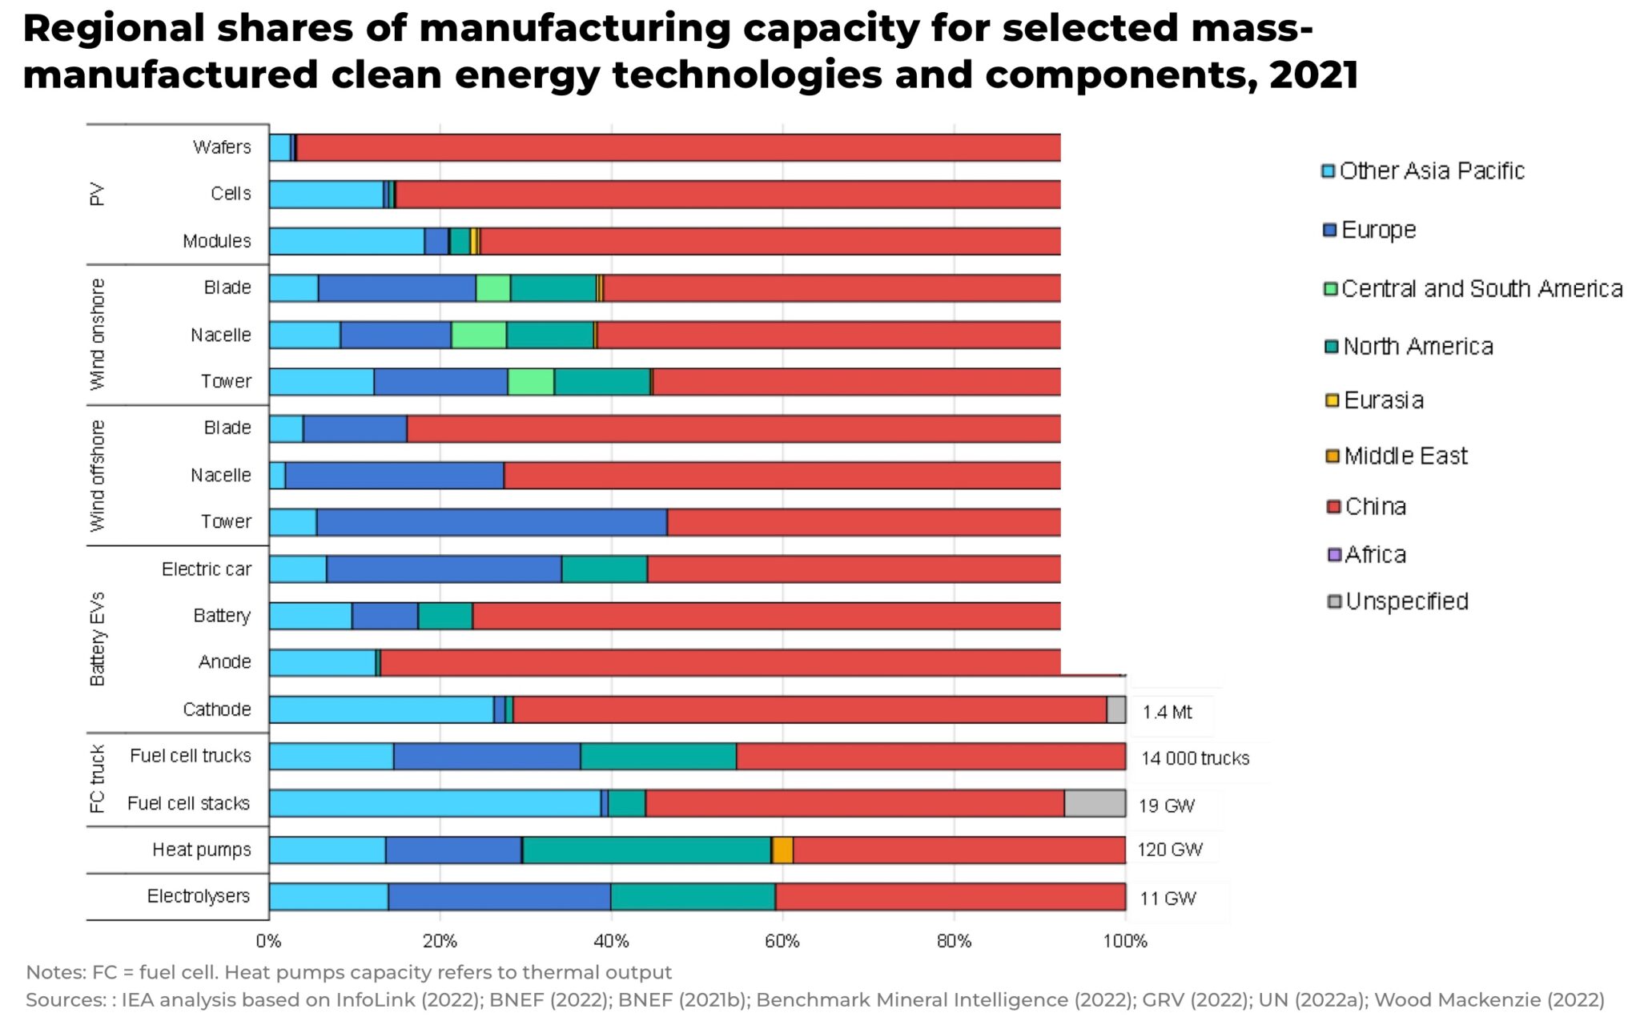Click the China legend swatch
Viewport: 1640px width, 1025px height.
(x=1333, y=507)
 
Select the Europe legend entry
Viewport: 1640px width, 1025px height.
(x=1378, y=230)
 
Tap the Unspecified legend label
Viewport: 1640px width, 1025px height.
(x=1407, y=601)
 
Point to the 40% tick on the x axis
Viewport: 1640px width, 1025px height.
(x=611, y=941)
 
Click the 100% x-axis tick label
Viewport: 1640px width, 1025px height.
(x=1125, y=941)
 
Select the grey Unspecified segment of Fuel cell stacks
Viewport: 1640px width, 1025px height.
(x=1095, y=803)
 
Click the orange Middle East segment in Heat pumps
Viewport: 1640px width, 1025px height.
(x=782, y=850)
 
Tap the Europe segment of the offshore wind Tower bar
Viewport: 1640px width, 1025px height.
(x=492, y=522)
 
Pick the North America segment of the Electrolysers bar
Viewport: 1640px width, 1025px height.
(x=693, y=897)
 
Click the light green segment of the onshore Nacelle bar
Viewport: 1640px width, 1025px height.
(x=478, y=335)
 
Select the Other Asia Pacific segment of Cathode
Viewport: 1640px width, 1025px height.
(x=381, y=709)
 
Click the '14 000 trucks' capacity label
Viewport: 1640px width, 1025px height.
(x=1195, y=758)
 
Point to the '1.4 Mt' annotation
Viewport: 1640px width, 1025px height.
(x=1167, y=712)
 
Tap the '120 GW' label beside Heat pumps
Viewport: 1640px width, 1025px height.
(x=1169, y=850)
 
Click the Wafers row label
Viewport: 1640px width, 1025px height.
(x=222, y=147)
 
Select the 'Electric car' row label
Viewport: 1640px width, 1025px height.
(x=206, y=569)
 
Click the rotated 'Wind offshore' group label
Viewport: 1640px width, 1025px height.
(x=98, y=476)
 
